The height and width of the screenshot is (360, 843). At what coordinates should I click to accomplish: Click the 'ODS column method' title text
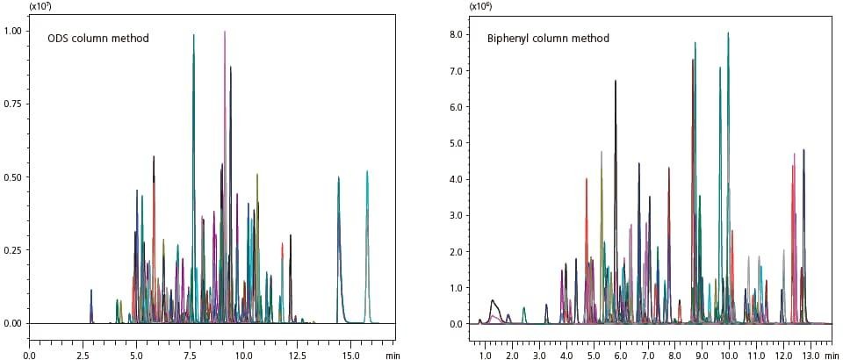click(x=97, y=38)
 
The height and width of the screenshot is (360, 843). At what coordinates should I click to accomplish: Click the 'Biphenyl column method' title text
click(x=548, y=38)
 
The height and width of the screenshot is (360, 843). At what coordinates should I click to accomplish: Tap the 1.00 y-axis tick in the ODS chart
click(x=15, y=31)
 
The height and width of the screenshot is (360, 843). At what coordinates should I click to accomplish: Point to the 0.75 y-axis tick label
click(x=15, y=104)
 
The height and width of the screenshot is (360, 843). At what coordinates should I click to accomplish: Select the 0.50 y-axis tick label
click(x=15, y=176)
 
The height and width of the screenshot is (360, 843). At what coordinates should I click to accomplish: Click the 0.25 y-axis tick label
click(x=15, y=250)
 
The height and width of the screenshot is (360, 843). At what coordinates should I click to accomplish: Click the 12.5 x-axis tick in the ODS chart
click(x=297, y=356)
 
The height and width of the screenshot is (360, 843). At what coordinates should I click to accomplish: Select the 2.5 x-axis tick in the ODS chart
click(x=83, y=356)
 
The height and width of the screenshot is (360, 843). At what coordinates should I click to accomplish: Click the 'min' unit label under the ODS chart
click(x=393, y=356)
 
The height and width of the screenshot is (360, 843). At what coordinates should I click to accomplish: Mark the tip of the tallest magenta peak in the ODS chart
click(x=225, y=32)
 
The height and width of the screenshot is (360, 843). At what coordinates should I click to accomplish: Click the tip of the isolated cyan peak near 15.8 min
click(x=367, y=171)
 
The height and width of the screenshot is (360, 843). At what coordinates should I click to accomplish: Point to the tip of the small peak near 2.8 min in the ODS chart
click(x=90, y=290)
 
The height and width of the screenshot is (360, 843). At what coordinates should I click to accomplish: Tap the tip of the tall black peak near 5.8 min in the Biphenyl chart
click(x=616, y=81)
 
